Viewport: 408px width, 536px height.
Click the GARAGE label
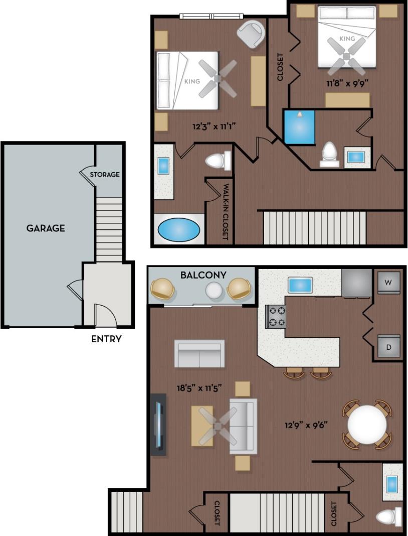pyautogui.click(x=46, y=228)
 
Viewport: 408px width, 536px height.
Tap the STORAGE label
pyautogui.click(x=105, y=175)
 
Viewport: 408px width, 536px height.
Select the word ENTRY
pyautogui.click(x=106, y=339)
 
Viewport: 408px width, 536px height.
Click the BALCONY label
pyautogui.click(x=203, y=275)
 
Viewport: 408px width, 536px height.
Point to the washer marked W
pyautogui.click(x=388, y=283)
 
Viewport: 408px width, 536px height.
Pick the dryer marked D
pyautogui.click(x=388, y=347)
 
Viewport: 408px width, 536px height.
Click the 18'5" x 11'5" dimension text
pyautogui.click(x=199, y=387)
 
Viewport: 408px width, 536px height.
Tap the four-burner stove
pyautogui.click(x=275, y=316)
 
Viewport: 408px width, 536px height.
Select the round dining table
pyautogui.click(x=367, y=425)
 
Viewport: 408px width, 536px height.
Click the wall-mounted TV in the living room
pyautogui.click(x=159, y=424)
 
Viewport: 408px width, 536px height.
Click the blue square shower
pyautogui.click(x=299, y=127)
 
